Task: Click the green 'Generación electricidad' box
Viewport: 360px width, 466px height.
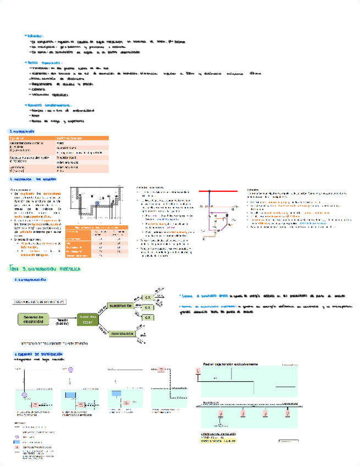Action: [x=37, y=320]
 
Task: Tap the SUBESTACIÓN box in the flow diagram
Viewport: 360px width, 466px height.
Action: [x=121, y=306]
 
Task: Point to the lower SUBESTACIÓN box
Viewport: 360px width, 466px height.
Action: [x=121, y=334]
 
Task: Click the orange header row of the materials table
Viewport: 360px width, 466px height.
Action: [x=58, y=137]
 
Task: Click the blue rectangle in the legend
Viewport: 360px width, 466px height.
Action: [x=18, y=442]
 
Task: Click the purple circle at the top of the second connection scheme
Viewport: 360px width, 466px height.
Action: [x=70, y=381]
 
